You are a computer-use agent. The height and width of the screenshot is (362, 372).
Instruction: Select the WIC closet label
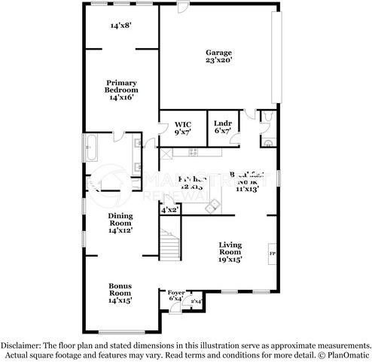point(183,123)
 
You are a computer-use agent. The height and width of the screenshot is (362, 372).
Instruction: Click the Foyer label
point(176,292)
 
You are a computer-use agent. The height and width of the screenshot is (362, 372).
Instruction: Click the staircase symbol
point(171,244)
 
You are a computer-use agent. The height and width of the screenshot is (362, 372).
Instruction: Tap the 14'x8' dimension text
point(120,26)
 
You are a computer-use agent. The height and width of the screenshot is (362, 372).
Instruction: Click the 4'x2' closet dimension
point(169,211)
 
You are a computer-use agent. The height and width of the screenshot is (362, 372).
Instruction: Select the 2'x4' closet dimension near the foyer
point(196,301)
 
